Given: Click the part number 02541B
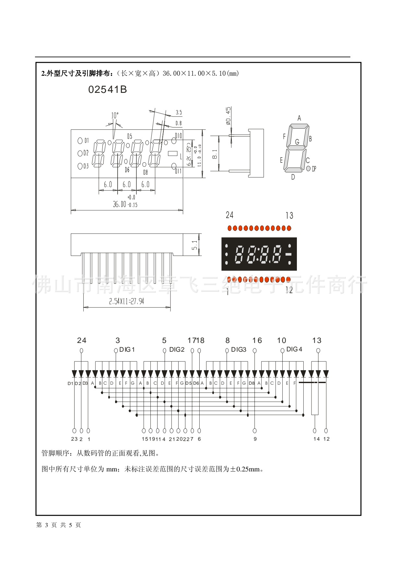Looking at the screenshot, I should (x=107, y=90).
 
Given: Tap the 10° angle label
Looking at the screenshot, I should (x=115, y=116).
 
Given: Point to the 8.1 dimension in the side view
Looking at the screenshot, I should (x=215, y=154).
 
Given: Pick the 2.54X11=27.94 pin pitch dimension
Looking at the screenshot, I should (x=126, y=302).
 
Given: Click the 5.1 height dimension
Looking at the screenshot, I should (x=194, y=245).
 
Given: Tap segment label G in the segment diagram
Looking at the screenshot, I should (x=297, y=142).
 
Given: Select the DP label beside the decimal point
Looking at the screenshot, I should (x=314, y=169).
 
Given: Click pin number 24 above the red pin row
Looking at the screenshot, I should (x=229, y=215).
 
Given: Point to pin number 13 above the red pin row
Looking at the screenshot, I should (x=289, y=215).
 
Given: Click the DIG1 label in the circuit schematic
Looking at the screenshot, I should (x=127, y=349).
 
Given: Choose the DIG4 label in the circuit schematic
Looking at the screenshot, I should (x=294, y=349).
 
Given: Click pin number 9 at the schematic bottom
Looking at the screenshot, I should (x=255, y=439).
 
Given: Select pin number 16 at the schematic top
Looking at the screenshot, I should (x=257, y=340).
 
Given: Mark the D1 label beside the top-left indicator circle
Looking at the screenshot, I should (x=87, y=140).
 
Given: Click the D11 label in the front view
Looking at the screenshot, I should (x=178, y=171).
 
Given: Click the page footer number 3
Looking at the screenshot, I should (x=46, y=525).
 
